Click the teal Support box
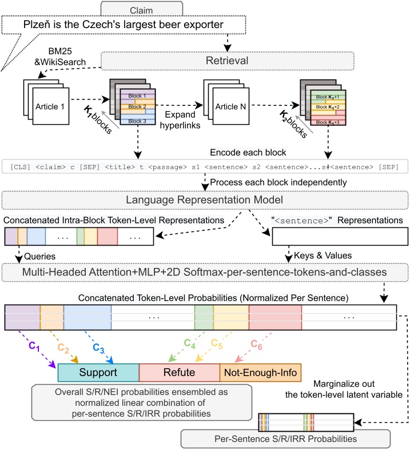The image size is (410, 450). point(98,373)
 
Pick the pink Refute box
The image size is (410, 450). point(179,373)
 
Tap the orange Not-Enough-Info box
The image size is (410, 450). point(260,373)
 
